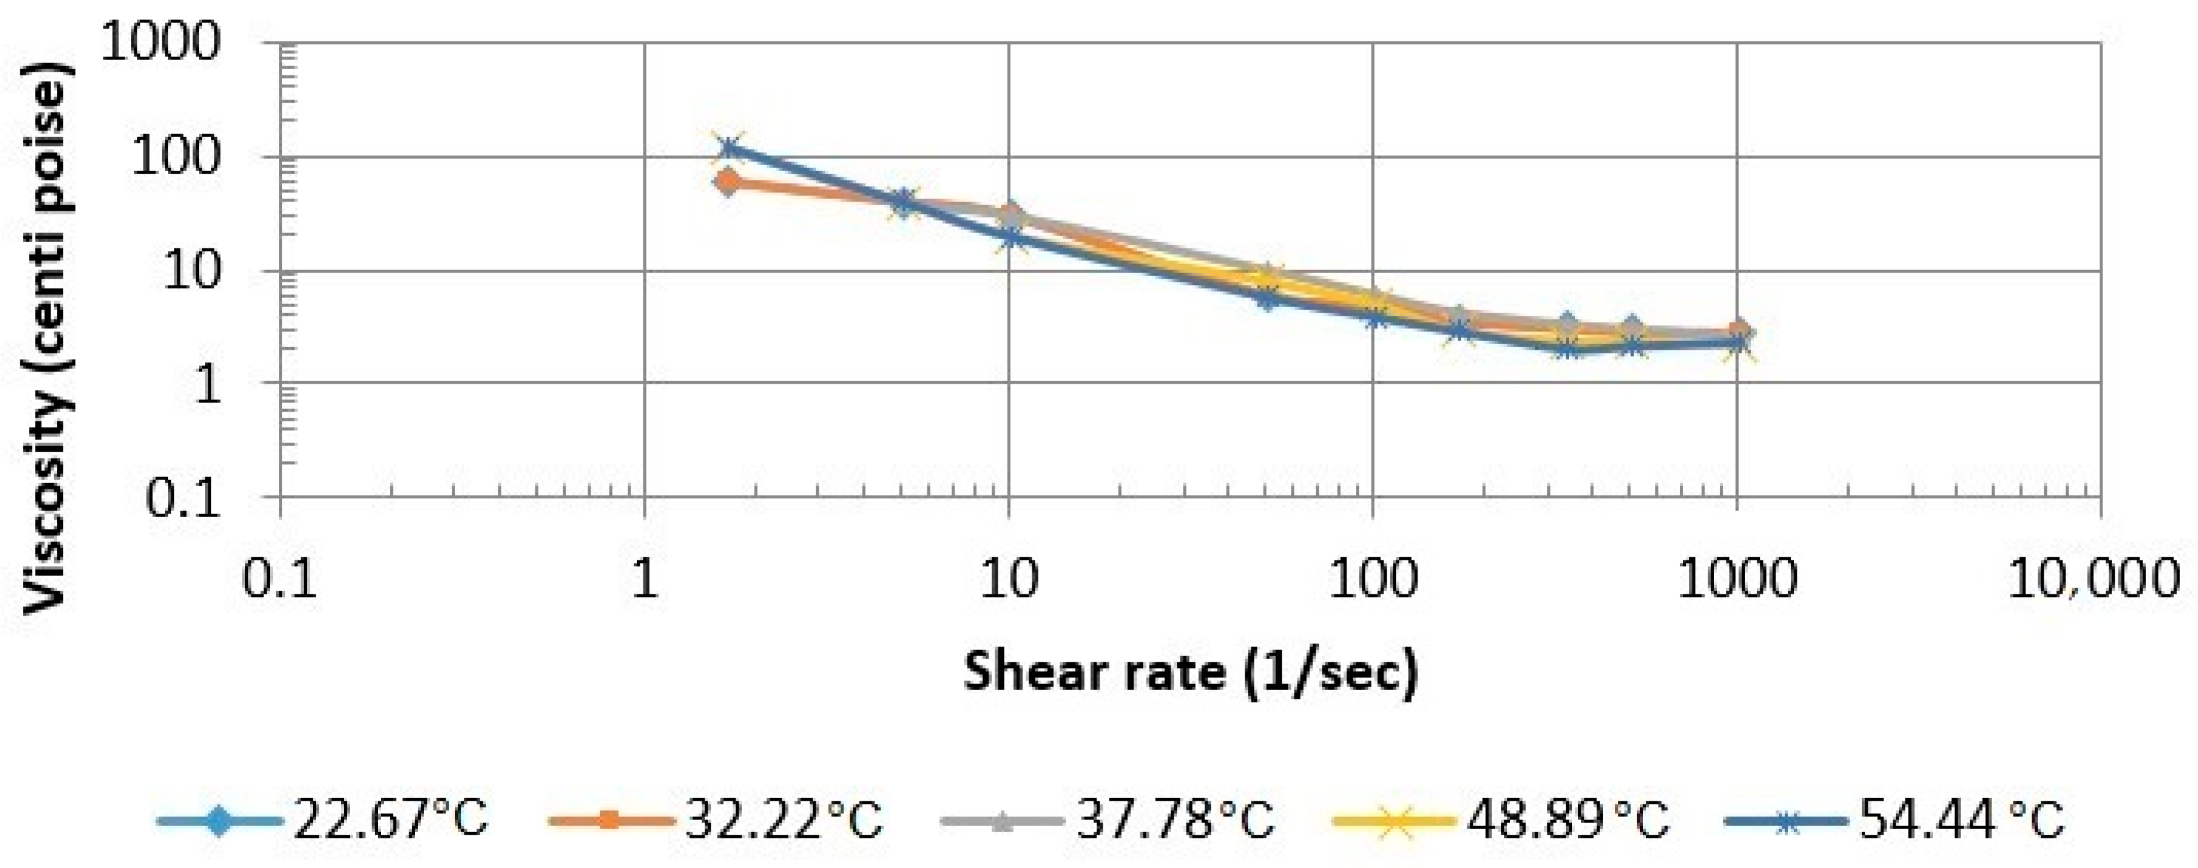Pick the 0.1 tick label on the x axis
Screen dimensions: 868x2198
280,579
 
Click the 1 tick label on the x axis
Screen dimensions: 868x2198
644,579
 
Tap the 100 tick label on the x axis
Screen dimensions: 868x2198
1373,579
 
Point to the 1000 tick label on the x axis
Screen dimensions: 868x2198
1737,579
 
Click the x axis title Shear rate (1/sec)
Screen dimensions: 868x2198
1191,671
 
